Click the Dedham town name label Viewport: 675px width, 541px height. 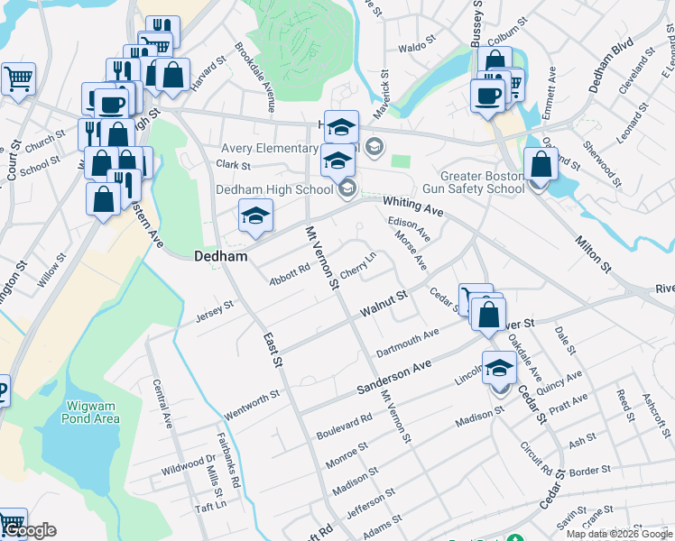coord(221,256)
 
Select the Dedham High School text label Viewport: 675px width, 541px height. coord(274,189)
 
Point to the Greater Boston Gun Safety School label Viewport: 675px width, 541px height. coord(482,182)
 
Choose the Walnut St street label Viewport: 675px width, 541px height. coord(384,302)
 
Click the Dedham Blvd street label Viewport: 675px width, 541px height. coord(611,66)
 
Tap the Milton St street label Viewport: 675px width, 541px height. coord(594,249)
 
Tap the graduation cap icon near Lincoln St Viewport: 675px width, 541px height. coord(499,369)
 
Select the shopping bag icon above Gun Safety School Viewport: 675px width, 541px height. coord(540,166)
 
